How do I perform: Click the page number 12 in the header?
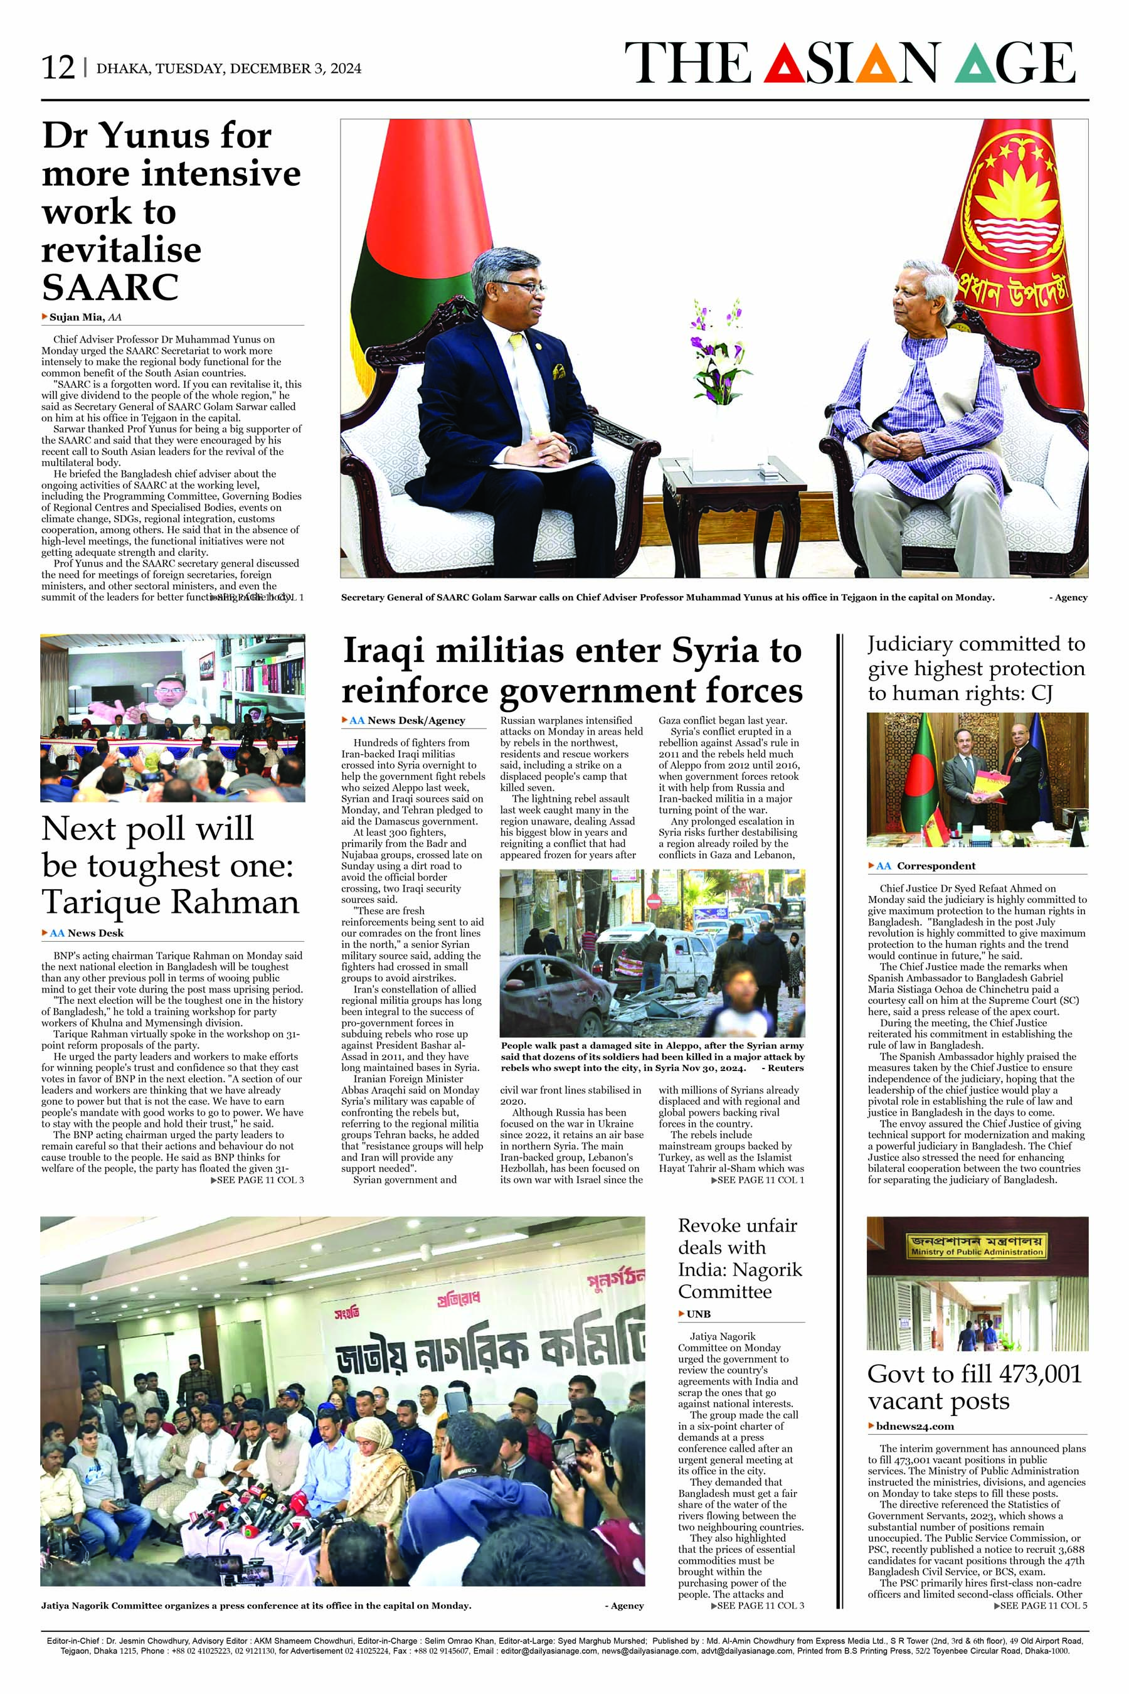tap(58, 68)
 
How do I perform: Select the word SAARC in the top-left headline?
tap(110, 287)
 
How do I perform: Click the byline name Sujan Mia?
tap(77, 317)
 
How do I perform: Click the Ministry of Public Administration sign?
tap(977, 1246)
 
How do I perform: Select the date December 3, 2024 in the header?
tap(295, 69)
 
